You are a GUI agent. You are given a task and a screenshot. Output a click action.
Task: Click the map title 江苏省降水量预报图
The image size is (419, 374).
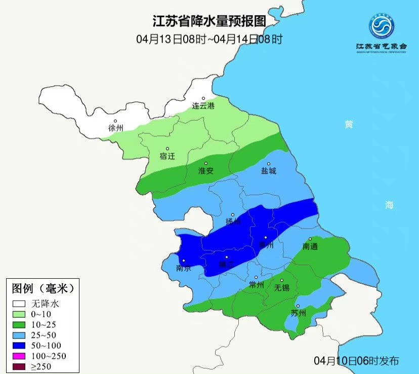209,21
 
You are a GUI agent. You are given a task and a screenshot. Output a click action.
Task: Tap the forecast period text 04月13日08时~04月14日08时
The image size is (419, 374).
209,39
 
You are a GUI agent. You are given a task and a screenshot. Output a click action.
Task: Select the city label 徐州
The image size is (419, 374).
116,128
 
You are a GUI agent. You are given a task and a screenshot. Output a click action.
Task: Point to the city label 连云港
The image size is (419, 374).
203,106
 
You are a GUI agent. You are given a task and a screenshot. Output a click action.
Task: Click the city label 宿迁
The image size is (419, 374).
167,156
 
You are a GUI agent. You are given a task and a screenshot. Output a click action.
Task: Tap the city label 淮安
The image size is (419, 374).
206,171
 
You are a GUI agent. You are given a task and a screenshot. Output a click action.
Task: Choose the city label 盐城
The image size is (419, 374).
269,171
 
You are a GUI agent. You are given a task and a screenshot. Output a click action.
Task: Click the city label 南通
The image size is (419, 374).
311,246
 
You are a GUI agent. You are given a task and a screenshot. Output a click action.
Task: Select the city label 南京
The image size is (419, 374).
183,269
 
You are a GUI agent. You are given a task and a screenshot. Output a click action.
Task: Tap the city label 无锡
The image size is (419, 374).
281,288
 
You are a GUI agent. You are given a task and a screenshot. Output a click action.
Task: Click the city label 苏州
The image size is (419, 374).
299,313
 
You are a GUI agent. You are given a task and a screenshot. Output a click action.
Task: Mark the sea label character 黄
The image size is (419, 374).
349,125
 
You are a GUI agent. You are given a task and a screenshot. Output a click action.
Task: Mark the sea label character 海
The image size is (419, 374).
389,205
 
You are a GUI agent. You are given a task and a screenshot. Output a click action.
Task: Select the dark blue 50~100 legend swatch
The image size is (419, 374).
19,346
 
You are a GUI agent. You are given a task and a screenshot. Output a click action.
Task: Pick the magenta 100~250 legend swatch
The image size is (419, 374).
19,356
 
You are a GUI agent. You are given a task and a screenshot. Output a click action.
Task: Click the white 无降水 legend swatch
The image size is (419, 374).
19,304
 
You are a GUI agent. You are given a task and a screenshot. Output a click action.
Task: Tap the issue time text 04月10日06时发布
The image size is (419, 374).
356,361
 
